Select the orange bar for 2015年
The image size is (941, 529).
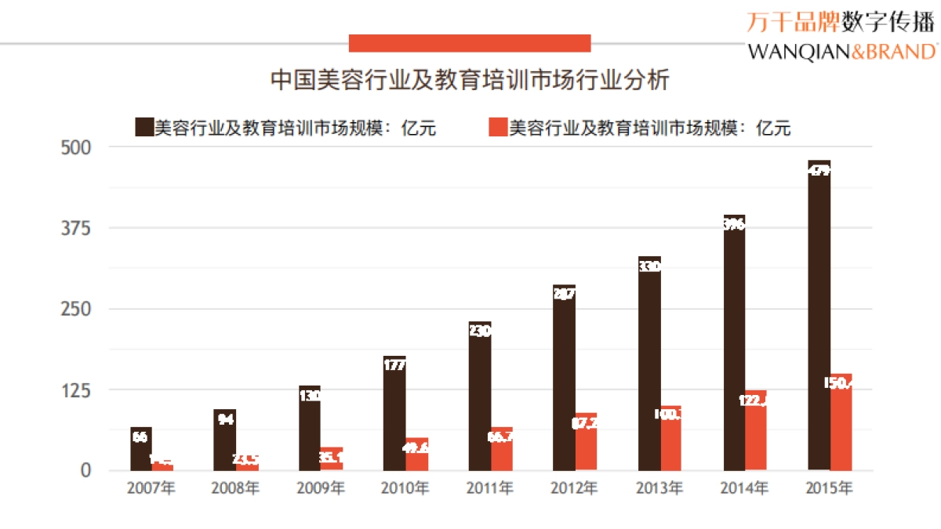tap(841, 422)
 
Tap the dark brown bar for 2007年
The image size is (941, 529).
tap(140, 449)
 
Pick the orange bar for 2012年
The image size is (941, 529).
tap(586, 442)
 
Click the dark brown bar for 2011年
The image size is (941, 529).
tap(480, 396)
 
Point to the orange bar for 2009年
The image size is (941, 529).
tap(332, 459)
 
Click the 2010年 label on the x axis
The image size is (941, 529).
tap(405, 488)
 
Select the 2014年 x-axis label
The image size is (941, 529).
tap(743, 488)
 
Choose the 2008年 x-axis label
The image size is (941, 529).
tap(235, 488)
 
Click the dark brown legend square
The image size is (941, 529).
tap(144, 127)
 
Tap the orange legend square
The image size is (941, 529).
tap(498, 127)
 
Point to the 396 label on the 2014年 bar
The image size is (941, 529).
tap(734, 225)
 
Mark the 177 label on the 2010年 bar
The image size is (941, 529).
tap(394, 364)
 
